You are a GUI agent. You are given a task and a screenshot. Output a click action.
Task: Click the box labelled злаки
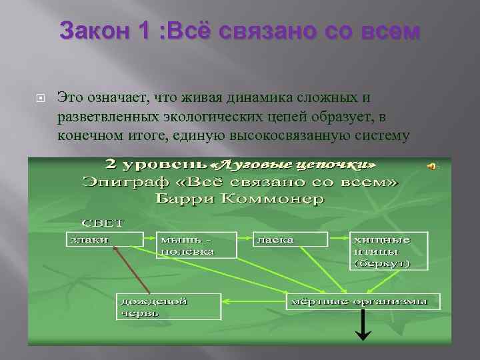104,239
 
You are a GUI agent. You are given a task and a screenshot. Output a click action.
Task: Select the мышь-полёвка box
197,245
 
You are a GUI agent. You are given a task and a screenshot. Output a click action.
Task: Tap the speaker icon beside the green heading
433,166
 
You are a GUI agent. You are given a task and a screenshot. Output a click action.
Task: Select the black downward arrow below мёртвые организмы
363,327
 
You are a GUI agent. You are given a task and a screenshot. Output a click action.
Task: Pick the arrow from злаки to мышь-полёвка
150,237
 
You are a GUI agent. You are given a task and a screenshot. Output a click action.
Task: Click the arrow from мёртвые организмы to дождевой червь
253,301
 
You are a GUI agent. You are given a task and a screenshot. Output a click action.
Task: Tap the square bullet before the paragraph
40,98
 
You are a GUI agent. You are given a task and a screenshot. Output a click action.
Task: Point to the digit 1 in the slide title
142,31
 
